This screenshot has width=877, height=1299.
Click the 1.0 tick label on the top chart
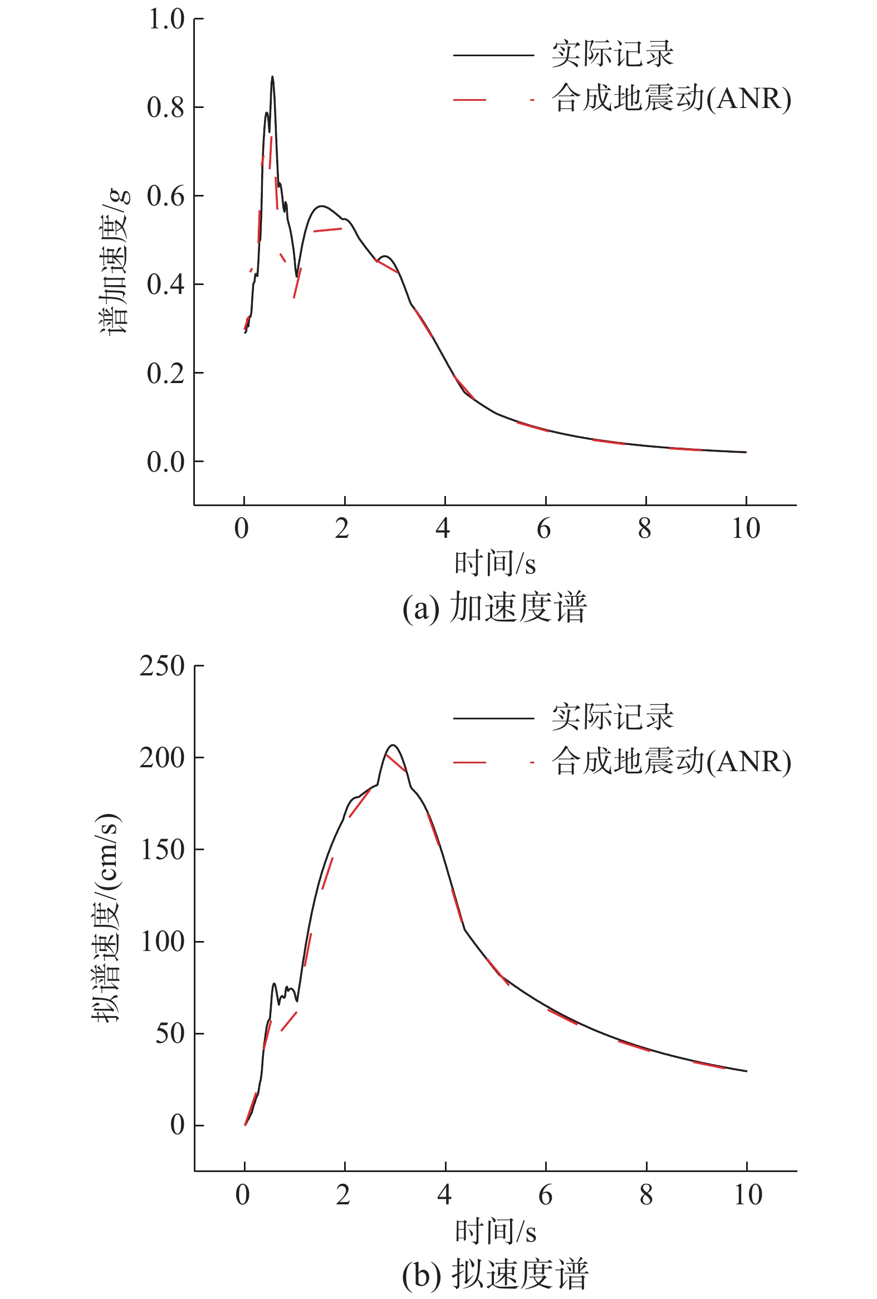click(166, 19)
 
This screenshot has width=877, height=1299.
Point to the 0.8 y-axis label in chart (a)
click(166, 107)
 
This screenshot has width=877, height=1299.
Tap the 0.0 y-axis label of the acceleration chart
click(166, 462)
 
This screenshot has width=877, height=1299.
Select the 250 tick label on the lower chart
click(162, 666)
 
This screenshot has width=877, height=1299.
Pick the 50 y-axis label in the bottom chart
click(170, 1033)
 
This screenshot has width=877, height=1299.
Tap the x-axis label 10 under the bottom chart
click(747, 1194)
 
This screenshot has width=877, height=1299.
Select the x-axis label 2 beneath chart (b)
click(343, 1194)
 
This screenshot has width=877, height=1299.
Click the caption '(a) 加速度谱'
click(494, 607)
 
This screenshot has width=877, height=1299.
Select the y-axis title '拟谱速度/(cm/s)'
click(106, 916)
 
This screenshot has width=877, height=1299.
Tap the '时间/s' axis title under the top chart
click(494, 563)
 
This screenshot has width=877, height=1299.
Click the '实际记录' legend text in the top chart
click(613, 54)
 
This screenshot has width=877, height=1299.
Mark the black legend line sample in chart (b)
click(493, 718)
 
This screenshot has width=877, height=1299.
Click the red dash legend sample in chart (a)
click(469, 100)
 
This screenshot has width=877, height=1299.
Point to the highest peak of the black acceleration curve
click(272, 77)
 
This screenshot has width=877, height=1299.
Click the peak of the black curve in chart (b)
click(393, 745)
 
